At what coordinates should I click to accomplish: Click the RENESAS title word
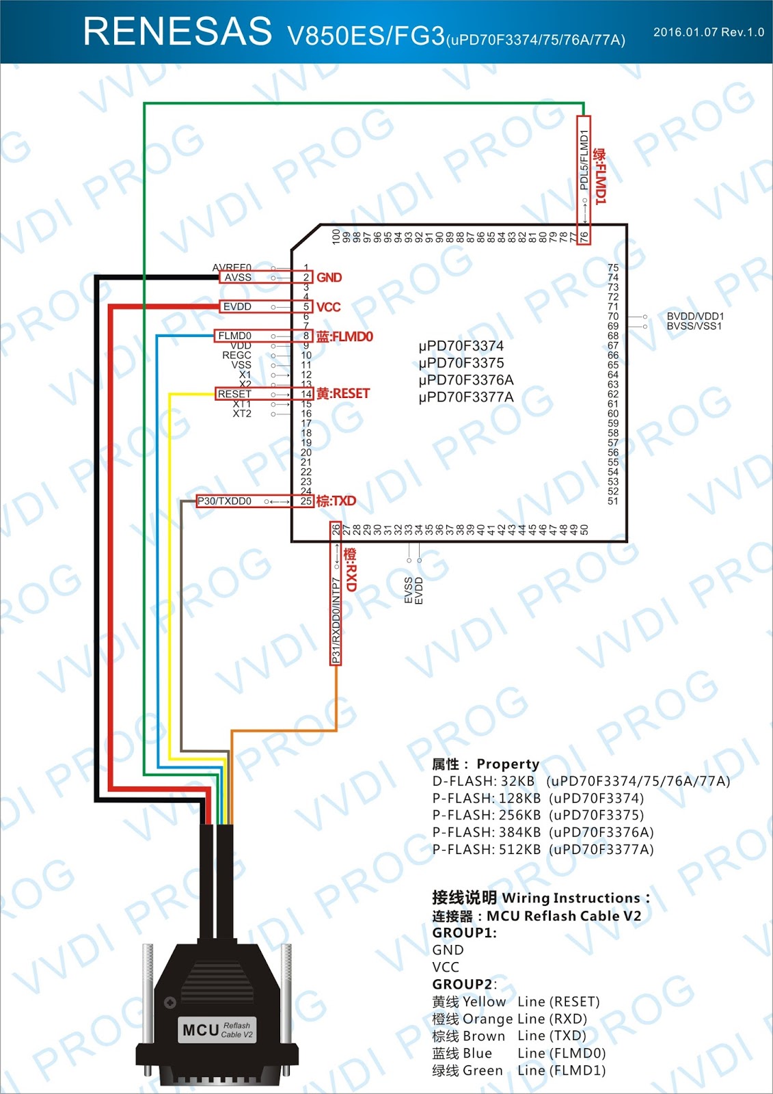(x=177, y=31)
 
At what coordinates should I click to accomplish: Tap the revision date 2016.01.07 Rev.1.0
(x=708, y=32)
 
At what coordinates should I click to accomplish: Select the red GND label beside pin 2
(x=329, y=278)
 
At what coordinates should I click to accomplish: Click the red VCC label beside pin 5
(x=328, y=307)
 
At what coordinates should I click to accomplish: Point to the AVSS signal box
(x=238, y=278)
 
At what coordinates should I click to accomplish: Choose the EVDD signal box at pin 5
(x=237, y=307)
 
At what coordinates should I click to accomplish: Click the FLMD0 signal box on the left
(x=234, y=336)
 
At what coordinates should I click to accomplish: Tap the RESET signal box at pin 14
(x=234, y=394)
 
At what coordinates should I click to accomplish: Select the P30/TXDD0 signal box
(x=224, y=501)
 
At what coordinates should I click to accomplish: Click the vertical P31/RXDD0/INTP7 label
(x=336, y=620)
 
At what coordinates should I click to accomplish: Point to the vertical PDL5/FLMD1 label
(x=584, y=160)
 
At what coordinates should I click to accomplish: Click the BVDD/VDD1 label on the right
(x=694, y=317)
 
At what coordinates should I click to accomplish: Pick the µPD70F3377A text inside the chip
(x=466, y=397)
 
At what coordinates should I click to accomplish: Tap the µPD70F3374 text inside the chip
(x=461, y=346)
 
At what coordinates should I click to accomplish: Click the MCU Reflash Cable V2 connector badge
(x=217, y=1030)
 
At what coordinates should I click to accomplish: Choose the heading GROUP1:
(x=464, y=933)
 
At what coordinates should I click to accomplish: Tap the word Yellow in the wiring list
(x=484, y=1002)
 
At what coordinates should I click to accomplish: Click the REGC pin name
(x=236, y=356)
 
